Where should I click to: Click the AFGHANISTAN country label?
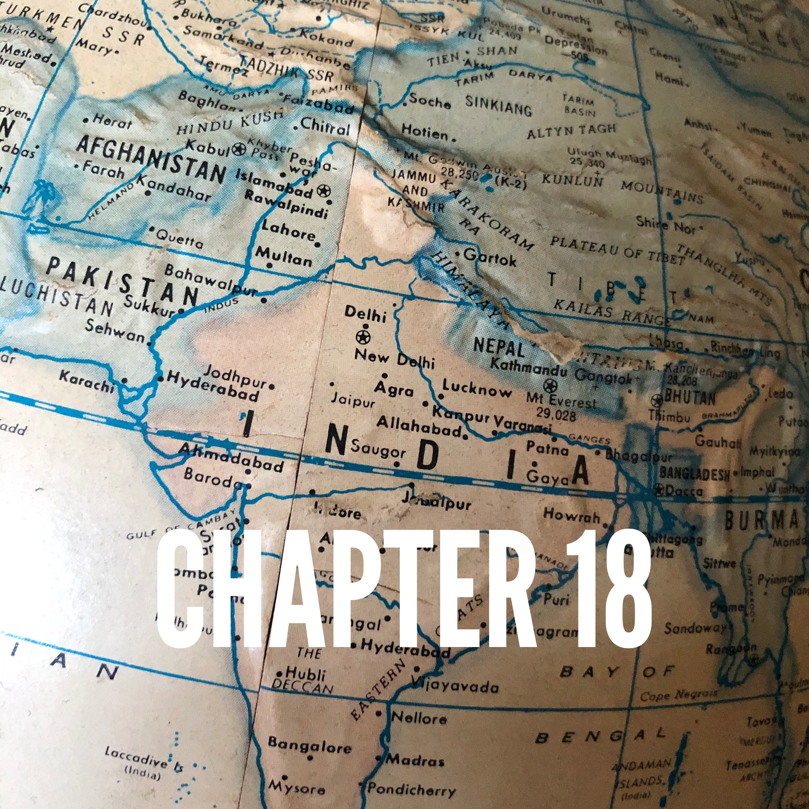point(151,159)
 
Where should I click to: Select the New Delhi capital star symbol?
point(363,336)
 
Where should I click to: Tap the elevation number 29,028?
point(556,414)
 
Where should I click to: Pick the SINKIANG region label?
point(498,105)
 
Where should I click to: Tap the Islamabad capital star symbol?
point(323,191)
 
